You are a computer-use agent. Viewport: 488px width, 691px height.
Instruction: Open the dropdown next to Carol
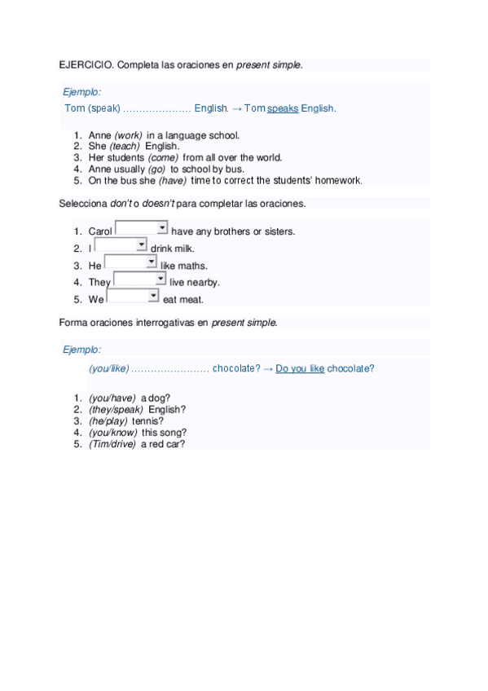(142, 230)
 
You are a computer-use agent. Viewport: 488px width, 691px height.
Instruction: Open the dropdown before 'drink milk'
(121, 245)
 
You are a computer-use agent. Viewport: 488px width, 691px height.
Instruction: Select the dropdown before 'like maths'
(130, 262)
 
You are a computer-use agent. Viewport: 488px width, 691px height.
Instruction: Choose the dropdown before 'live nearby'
(139, 279)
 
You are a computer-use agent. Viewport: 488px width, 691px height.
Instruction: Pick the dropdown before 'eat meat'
(133, 297)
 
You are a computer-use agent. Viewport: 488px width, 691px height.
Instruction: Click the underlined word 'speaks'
(283, 108)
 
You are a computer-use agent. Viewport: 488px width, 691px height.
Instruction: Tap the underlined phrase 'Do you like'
(300, 368)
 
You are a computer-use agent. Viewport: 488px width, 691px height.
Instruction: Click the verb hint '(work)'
(128, 135)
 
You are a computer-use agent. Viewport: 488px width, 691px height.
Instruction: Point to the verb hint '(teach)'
(125, 147)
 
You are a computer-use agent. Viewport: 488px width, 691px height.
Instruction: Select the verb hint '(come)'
(163, 158)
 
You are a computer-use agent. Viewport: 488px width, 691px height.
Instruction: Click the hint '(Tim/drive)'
(113, 444)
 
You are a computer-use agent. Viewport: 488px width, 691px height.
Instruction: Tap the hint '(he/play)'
(108, 421)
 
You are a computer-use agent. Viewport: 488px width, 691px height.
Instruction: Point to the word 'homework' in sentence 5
(341, 181)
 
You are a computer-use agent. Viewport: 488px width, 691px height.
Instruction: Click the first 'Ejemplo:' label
(82, 92)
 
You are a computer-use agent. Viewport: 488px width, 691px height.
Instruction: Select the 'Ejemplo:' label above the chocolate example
(82, 350)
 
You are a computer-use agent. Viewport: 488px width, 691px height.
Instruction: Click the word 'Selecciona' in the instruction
(83, 203)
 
